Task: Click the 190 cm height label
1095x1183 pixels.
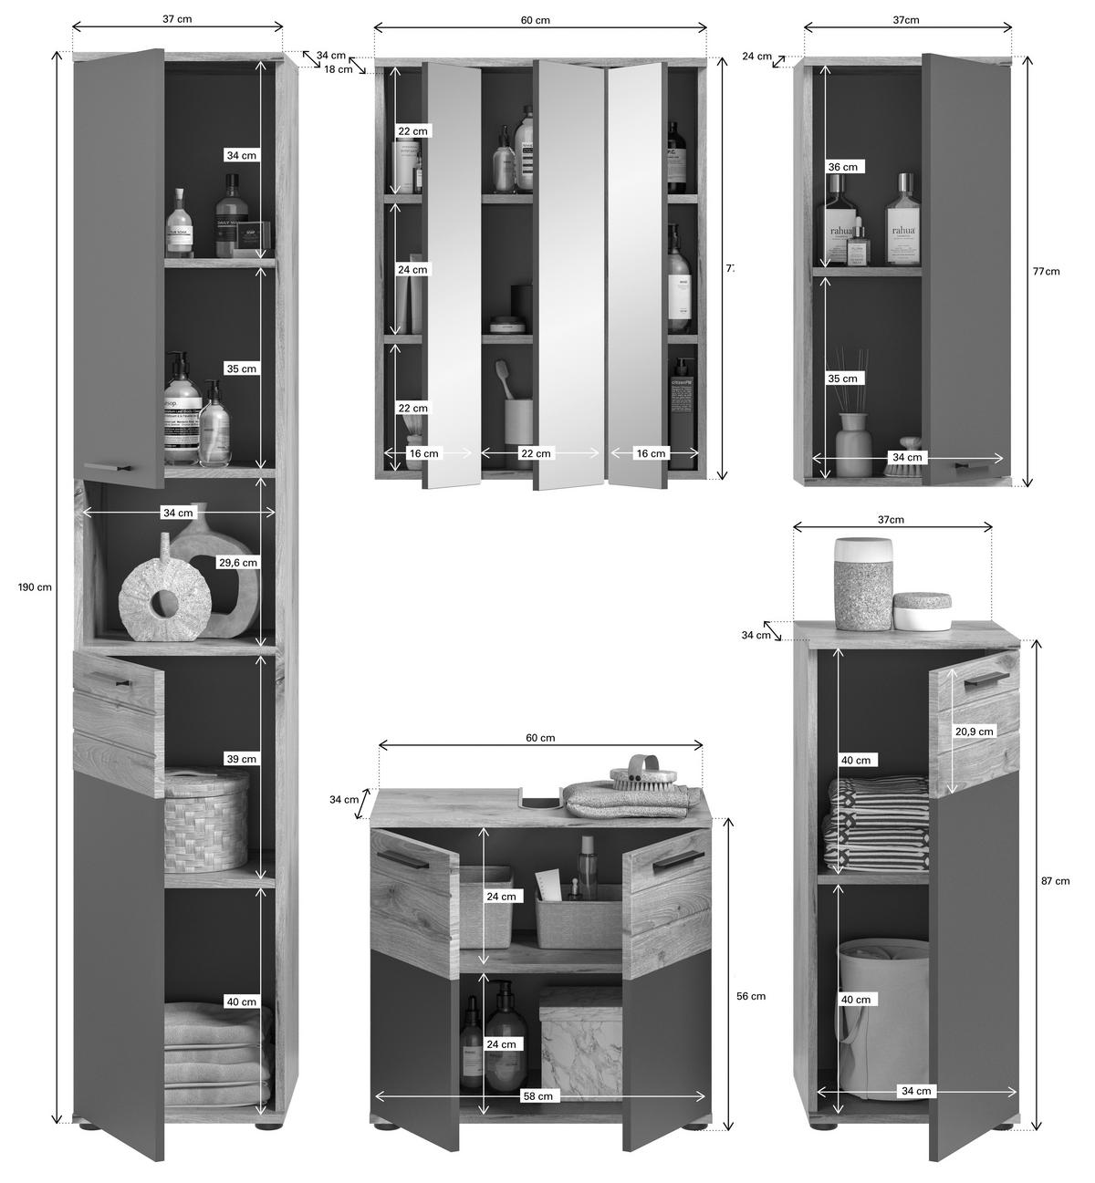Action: (x=35, y=586)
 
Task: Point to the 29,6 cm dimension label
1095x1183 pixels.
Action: (x=238, y=563)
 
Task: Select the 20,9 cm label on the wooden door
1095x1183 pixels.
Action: (x=974, y=731)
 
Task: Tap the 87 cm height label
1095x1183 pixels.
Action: (x=1055, y=880)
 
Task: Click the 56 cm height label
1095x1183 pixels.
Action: (x=750, y=996)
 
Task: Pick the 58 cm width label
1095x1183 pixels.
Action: (x=537, y=1095)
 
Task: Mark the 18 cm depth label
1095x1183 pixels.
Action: (x=338, y=69)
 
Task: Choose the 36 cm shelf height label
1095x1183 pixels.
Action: (x=842, y=167)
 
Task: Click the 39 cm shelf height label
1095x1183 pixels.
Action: (x=241, y=759)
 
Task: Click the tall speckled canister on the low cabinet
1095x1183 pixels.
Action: (x=862, y=584)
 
